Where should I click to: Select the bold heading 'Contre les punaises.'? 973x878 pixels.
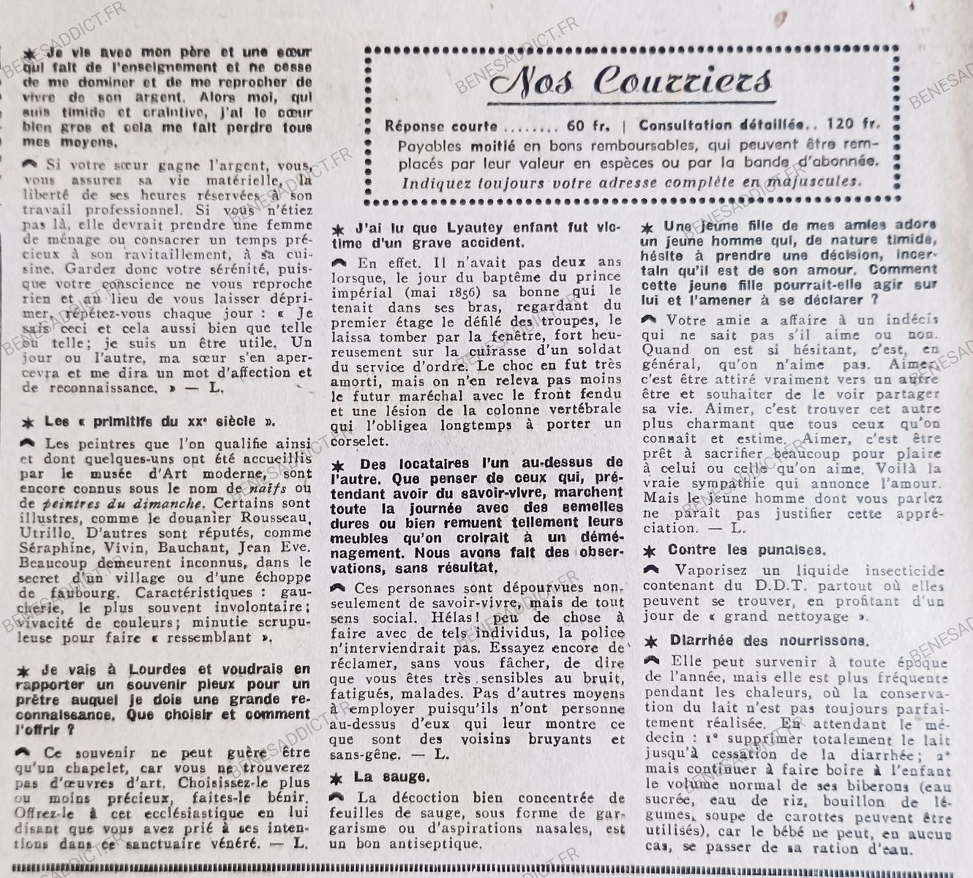click(x=736, y=549)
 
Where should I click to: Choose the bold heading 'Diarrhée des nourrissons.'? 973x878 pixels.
click(x=769, y=641)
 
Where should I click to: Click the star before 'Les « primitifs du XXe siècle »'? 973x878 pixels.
click(x=29, y=422)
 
